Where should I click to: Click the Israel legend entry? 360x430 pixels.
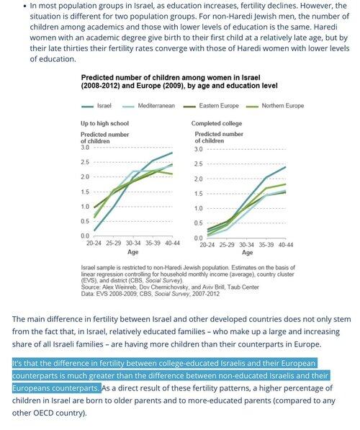96,106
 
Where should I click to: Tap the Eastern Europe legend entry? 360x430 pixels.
211,106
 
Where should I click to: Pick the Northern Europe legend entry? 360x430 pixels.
275,106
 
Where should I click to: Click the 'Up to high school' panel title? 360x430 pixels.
104,123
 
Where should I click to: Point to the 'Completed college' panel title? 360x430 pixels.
217,123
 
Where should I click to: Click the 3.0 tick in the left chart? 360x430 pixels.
85,148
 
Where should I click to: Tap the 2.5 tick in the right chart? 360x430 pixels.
199,164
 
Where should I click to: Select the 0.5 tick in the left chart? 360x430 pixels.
85,221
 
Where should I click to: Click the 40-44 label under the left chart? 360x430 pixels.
173,243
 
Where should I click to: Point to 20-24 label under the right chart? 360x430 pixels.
207,245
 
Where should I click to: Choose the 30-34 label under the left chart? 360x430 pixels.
133,243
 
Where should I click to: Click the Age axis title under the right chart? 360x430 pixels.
247,253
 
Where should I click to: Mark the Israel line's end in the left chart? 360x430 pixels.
172,153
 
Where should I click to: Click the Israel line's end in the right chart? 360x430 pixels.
285,166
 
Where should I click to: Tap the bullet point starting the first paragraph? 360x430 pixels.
25,6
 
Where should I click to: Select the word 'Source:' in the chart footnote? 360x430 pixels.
91,287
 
